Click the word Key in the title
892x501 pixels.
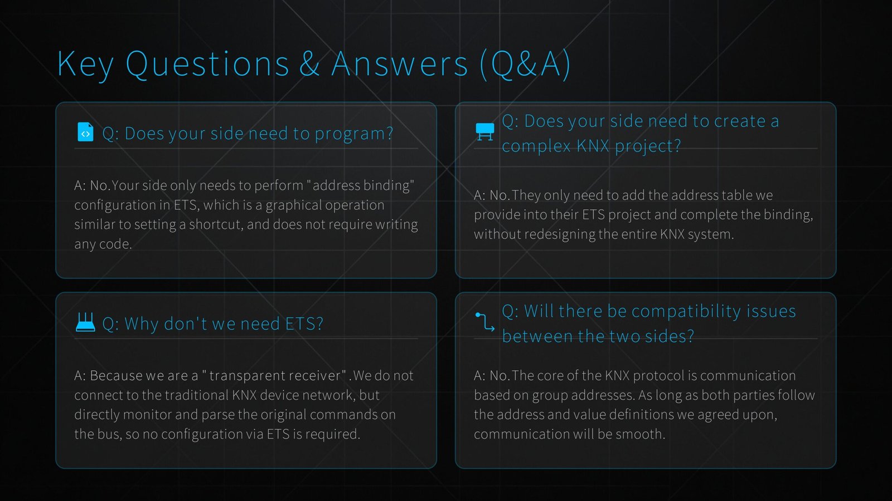pos(85,64)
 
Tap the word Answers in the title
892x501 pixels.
pos(400,64)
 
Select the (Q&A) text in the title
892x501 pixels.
pos(525,64)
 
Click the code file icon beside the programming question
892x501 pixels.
pos(85,132)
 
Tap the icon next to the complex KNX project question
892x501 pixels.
pos(484,132)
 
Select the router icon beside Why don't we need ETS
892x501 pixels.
pos(85,322)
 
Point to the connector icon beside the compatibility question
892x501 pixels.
pos(484,322)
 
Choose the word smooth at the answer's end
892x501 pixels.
pos(640,434)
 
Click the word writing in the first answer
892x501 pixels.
pos(396,224)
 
